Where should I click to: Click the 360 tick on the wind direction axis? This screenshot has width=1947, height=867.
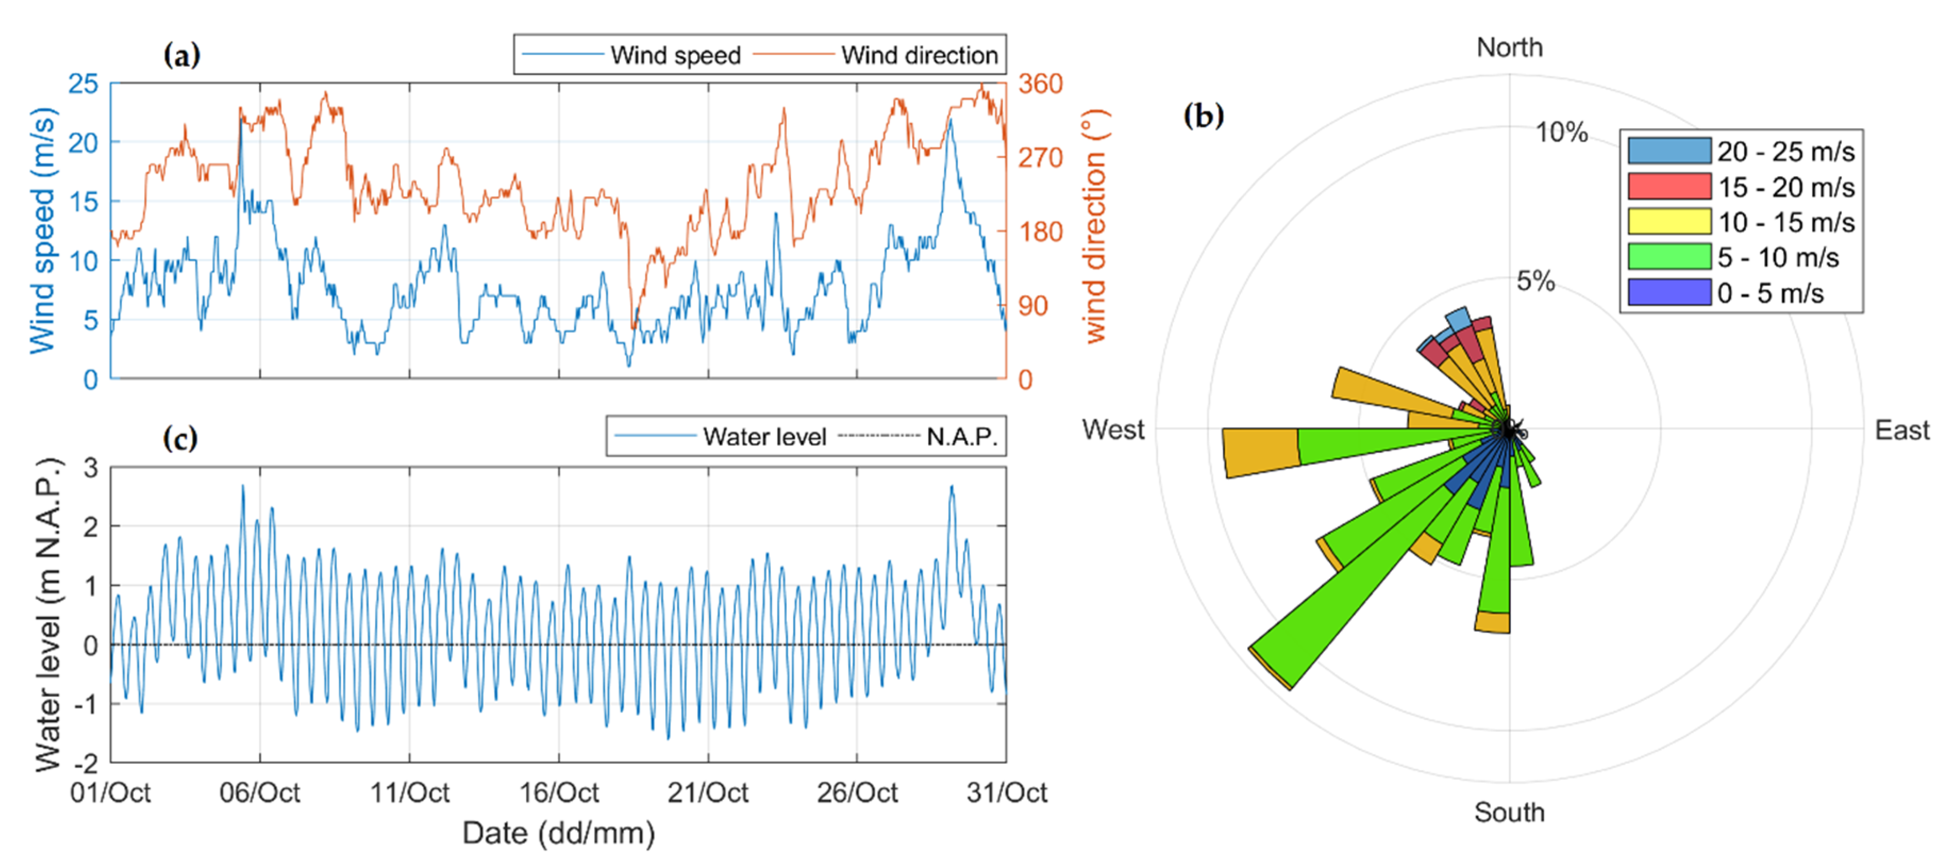[x=1040, y=84]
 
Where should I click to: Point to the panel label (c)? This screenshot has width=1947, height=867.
[x=180, y=438]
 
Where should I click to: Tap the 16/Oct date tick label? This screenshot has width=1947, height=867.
[x=559, y=793]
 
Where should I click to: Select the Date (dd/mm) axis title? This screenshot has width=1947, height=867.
[x=559, y=833]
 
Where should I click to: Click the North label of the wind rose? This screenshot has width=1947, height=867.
[x=1509, y=48]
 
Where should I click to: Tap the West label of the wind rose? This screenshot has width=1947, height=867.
[x=1113, y=430]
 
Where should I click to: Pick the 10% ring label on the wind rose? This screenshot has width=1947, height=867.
[x=1562, y=133]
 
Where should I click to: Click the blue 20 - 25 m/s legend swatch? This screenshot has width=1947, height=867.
[x=1669, y=151]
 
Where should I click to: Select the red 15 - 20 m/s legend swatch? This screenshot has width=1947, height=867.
[x=1669, y=187]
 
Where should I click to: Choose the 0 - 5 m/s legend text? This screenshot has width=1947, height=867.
[x=1770, y=293]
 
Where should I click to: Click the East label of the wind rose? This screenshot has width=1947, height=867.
[x=1902, y=431]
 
